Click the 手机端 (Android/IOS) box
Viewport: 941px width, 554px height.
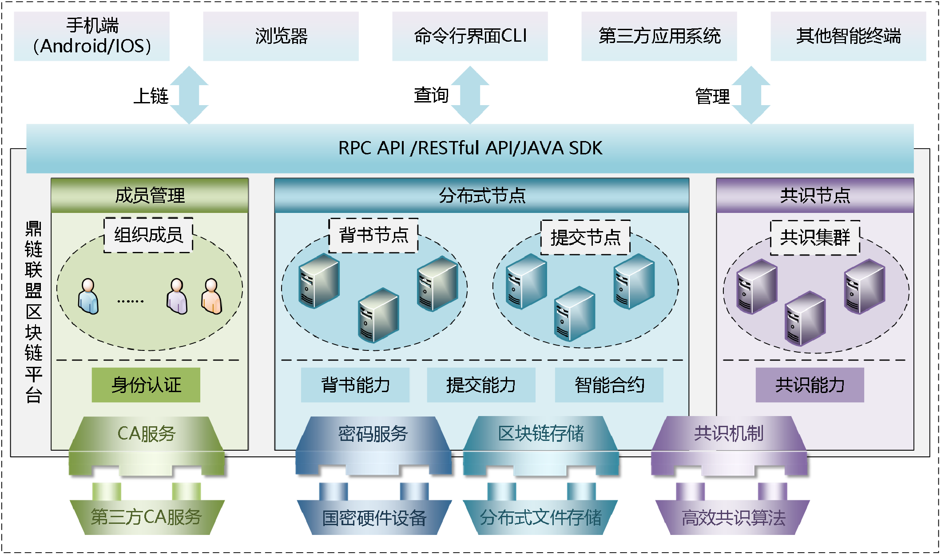pyautogui.click(x=91, y=36)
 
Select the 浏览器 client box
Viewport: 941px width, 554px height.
pyautogui.click(x=281, y=36)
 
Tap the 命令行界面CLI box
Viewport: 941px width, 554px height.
pyautogui.click(x=470, y=36)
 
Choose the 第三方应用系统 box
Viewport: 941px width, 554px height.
pyautogui.click(x=659, y=36)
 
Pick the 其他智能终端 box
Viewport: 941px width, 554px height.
pyautogui.click(x=848, y=36)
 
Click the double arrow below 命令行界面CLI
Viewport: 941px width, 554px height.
pyautogui.click(x=470, y=95)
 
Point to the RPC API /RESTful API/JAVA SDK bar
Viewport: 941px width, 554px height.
pyautogui.click(x=470, y=148)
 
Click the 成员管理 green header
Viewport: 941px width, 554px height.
pyautogui.click(x=150, y=196)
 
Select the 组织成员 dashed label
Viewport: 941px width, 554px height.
pyautogui.click(x=148, y=235)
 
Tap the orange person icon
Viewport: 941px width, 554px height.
pyautogui.click(x=212, y=296)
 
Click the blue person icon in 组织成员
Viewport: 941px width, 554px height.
pyautogui.click(x=88, y=296)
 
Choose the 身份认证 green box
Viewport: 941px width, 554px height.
pyautogui.click(x=146, y=385)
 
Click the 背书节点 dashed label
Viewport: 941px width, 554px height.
pyautogui.click(x=373, y=235)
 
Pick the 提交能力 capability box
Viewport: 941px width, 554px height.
pyautogui.click(x=481, y=385)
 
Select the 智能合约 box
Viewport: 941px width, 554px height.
pyautogui.click(x=609, y=385)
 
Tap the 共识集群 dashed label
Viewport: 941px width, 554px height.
pyautogui.click(x=815, y=238)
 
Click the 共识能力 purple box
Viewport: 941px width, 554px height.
pyautogui.click(x=810, y=385)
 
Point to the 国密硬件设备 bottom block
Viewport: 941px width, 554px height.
pyautogui.click(x=374, y=517)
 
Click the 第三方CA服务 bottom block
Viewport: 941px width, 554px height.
pyautogui.click(x=147, y=517)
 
